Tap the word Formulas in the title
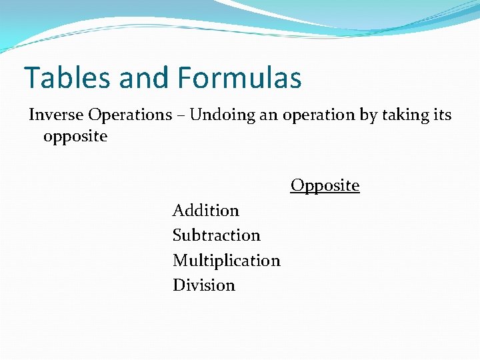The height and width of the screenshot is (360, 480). coord(239,78)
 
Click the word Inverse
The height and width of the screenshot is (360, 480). coord(57,115)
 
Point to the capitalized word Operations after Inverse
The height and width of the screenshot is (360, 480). coord(131,115)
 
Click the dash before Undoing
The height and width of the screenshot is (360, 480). coord(181,115)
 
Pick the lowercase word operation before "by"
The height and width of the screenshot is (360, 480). coord(319,115)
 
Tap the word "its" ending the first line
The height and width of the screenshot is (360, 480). coord(442,115)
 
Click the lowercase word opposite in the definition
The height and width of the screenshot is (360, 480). coord(75,137)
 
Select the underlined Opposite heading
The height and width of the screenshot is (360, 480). coord(325,185)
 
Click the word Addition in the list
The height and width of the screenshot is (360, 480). coord(205,211)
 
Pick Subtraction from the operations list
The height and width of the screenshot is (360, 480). coord(216,235)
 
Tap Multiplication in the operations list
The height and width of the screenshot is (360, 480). coord(226,260)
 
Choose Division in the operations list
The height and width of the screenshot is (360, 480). coord(203,285)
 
